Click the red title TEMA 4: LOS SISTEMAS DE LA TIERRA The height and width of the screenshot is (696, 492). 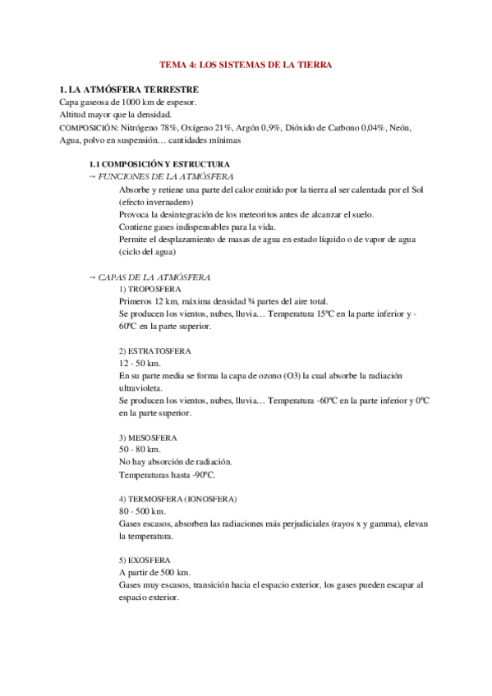click(x=245, y=64)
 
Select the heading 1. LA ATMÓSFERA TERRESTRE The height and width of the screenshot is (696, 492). click(x=129, y=89)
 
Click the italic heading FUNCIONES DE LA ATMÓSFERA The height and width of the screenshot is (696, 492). click(x=165, y=176)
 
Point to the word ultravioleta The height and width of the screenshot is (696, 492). click(x=140, y=387)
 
